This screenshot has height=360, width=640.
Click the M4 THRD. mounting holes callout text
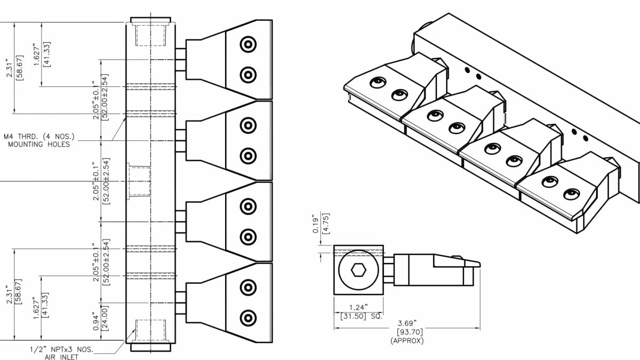point(36,140)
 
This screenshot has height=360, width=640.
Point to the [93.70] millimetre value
point(407,332)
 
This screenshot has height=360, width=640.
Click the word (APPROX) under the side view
point(407,340)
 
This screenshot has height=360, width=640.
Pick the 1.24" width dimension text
point(358,308)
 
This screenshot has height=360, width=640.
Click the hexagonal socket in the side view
point(358,271)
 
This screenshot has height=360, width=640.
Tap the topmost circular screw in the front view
point(247,44)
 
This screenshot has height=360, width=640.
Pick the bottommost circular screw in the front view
point(247,318)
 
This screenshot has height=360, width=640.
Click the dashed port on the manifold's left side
point(138,181)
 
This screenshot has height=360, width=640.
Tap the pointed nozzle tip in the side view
point(478,263)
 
